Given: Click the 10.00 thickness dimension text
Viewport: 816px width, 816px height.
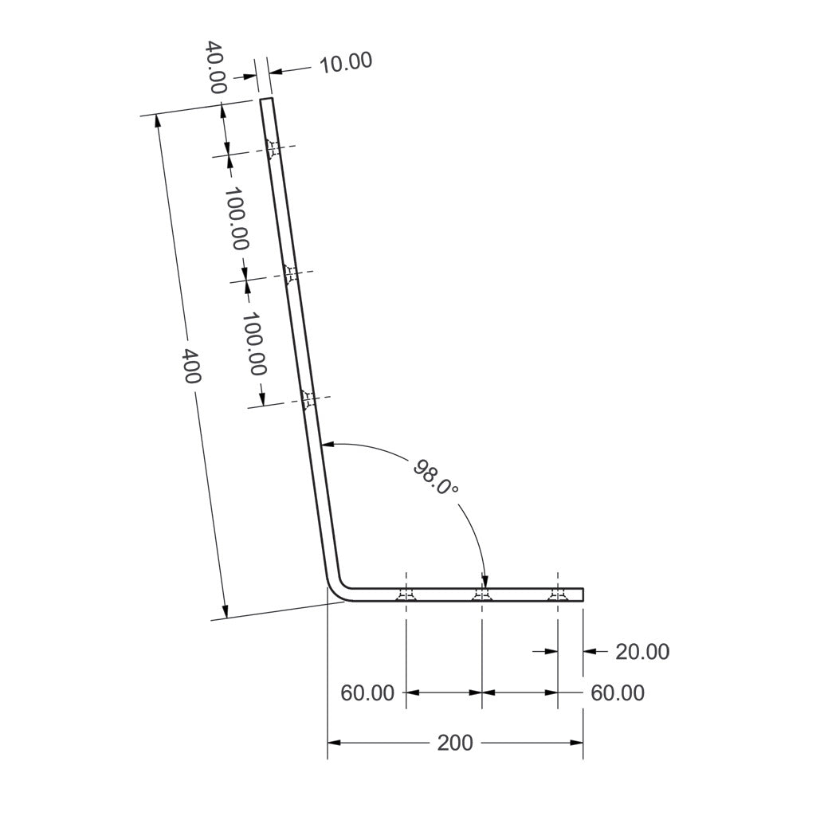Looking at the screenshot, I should pyautogui.click(x=345, y=63).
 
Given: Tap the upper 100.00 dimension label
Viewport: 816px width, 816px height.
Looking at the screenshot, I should pyautogui.click(x=236, y=218).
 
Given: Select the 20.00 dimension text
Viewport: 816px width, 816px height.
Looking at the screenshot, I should pyautogui.click(x=642, y=652).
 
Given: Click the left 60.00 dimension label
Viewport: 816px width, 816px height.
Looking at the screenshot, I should pyautogui.click(x=367, y=693).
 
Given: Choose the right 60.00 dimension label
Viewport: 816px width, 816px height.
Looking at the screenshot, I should pyautogui.click(x=618, y=693).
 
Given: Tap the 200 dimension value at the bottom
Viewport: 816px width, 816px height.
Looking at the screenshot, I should pyautogui.click(x=455, y=743).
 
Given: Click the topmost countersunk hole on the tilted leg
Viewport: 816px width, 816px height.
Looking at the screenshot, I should pyautogui.click(x=273, y=148).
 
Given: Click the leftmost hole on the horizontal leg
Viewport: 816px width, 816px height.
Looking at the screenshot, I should pyautogui.click(x=406, y=595).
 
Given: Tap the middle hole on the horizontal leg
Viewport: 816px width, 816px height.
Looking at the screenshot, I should pyautogui.click(x=482, y=595).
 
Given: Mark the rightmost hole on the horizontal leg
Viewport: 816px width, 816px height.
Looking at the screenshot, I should pyautogui.click(x=558, y=595).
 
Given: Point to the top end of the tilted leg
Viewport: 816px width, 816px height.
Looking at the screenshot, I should pyautogui.click(x=267, y=100).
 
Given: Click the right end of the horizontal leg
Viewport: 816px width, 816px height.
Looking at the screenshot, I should pyautogui.click(x=583, y=595).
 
